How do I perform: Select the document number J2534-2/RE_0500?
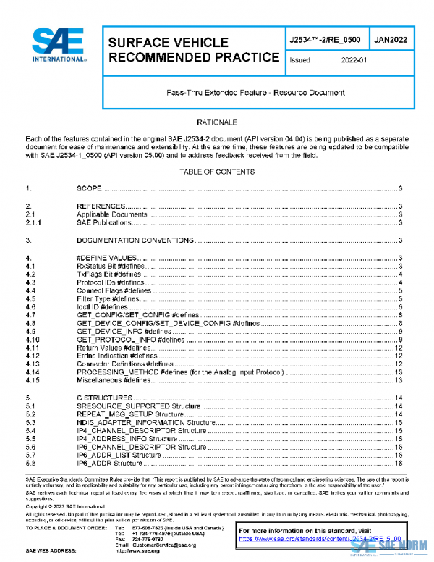(324, 41)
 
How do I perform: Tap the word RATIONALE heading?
(217, 122)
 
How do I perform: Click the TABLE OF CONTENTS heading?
(217, 172)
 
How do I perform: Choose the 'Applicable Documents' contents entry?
(112, 215)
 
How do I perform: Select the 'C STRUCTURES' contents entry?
(104, 398)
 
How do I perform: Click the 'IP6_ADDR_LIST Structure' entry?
(119, 455)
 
